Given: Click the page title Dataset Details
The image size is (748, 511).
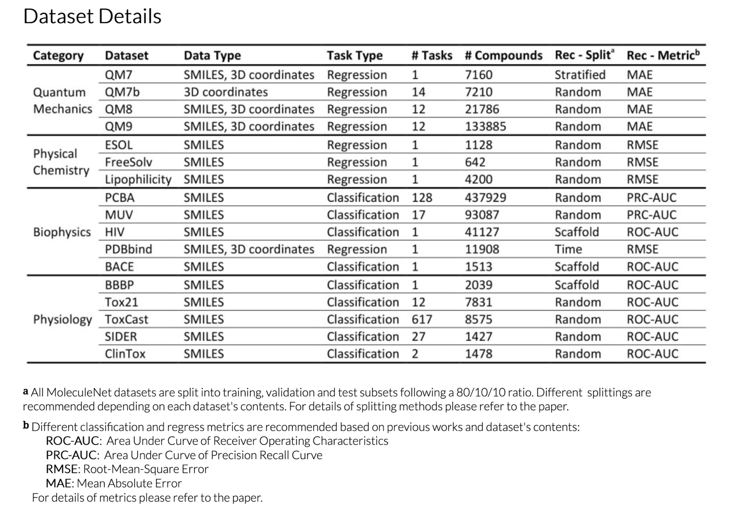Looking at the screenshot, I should tap(92, 16).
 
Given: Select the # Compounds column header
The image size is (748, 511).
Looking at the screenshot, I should tap(503, 56).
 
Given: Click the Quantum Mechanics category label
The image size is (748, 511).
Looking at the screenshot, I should tap(62, 101).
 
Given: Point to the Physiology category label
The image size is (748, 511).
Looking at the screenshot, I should tap(62, 319).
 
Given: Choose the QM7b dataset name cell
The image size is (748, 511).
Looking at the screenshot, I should tap(122, 92).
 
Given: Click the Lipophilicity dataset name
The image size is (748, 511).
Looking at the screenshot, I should tap(138, 179).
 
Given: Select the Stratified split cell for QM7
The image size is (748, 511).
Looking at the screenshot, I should tap(580, 75).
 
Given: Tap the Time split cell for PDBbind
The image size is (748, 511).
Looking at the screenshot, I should tap(568, 249).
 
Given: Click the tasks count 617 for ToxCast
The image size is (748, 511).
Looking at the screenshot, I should tap(422, 319).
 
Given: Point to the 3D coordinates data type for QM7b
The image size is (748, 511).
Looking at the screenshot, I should tap(225, 92).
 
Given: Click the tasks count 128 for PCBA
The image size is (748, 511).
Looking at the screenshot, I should tap(422, 198).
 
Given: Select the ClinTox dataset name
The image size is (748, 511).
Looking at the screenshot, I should tap(125, 354).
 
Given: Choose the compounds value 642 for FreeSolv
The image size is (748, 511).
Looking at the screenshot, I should tap(475, 162).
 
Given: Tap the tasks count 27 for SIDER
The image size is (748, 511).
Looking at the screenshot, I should tap(418, 336).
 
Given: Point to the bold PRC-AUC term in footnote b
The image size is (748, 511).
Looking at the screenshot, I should tap(71, 455).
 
